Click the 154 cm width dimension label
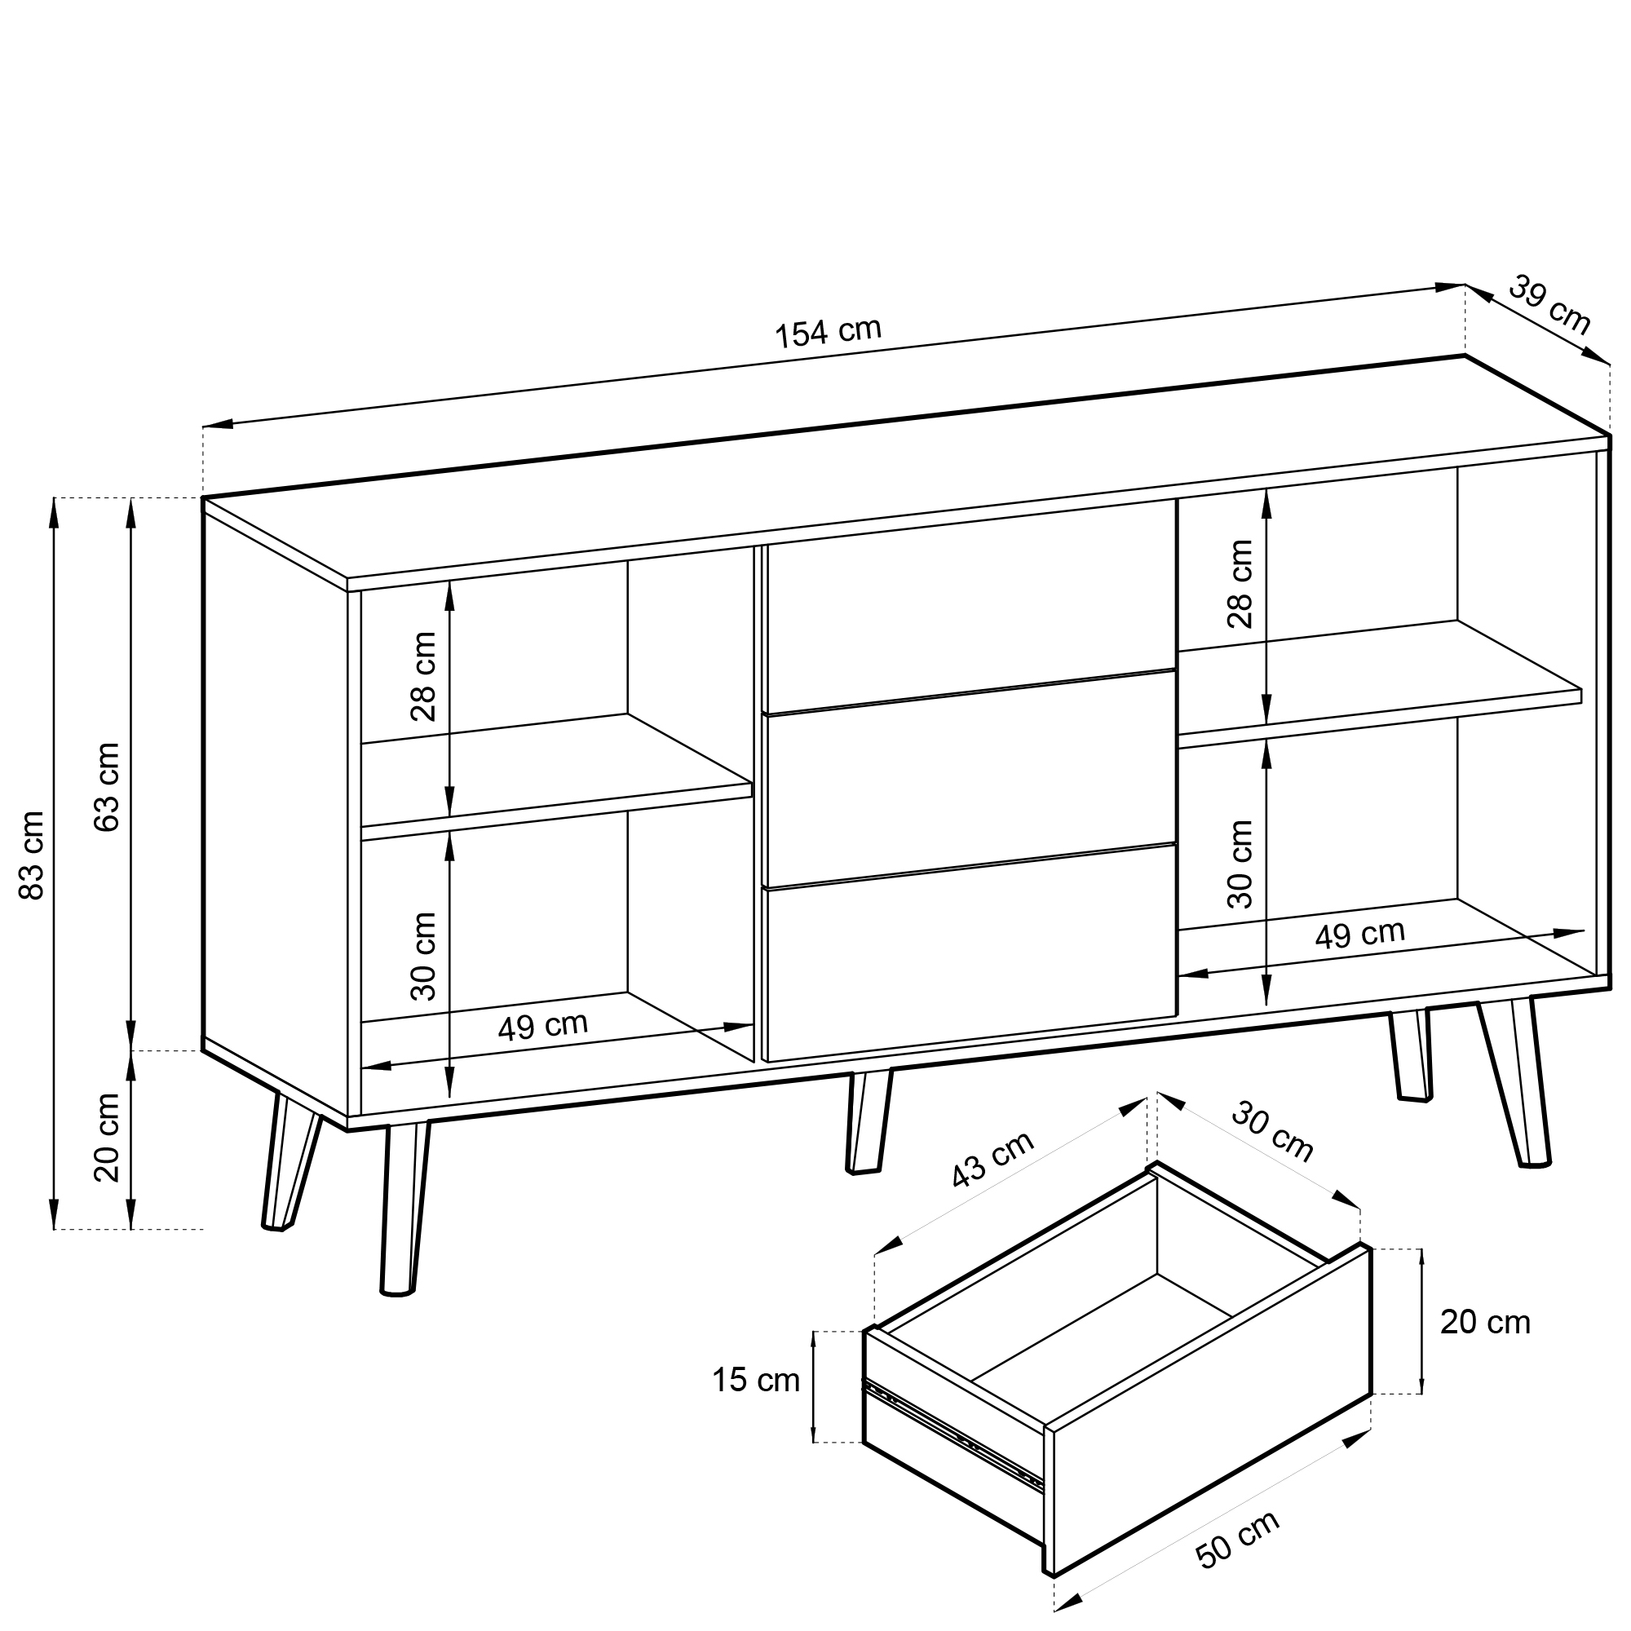[829, 333]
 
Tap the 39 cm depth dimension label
[1550, 305]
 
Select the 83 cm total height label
[32, 855]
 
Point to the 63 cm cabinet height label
[107, 787]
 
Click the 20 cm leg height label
[107, 1137]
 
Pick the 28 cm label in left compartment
[424, 676]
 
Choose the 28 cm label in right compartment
[1240, 583]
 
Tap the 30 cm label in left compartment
[424, 957]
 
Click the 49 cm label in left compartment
[542, 1027]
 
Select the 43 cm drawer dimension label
[992, 1159]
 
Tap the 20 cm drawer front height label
[1485, 1322]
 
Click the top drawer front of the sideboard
[970, 606]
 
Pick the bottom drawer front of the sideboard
[970, 953]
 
